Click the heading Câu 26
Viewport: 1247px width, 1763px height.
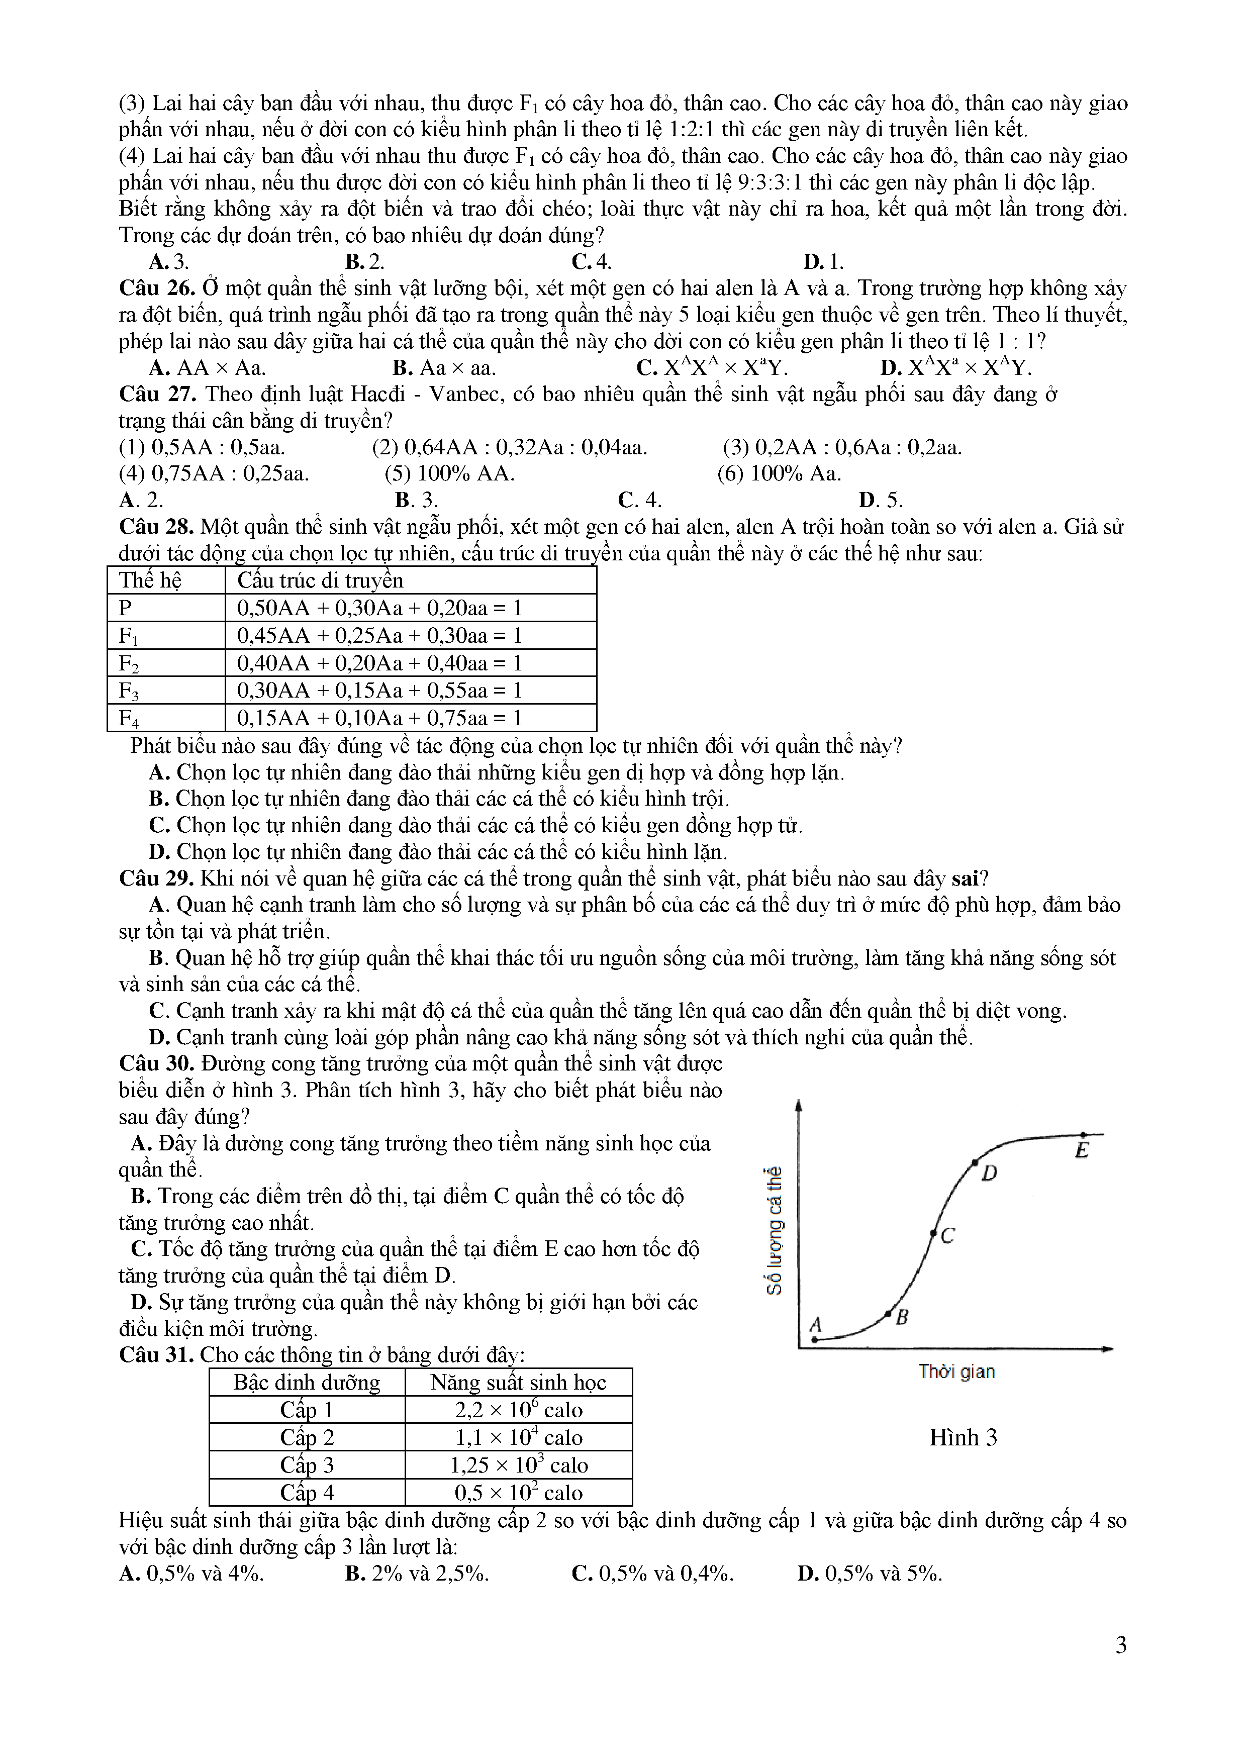157,288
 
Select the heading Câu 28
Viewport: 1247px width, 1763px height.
157,527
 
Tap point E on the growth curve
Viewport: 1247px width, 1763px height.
1083,1134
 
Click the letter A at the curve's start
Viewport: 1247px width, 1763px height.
815,1325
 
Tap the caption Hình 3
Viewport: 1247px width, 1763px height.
963,1437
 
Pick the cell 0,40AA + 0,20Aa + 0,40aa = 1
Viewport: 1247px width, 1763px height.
379,663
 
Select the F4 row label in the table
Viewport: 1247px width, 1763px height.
129,718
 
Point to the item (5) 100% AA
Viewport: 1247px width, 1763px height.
449,474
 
